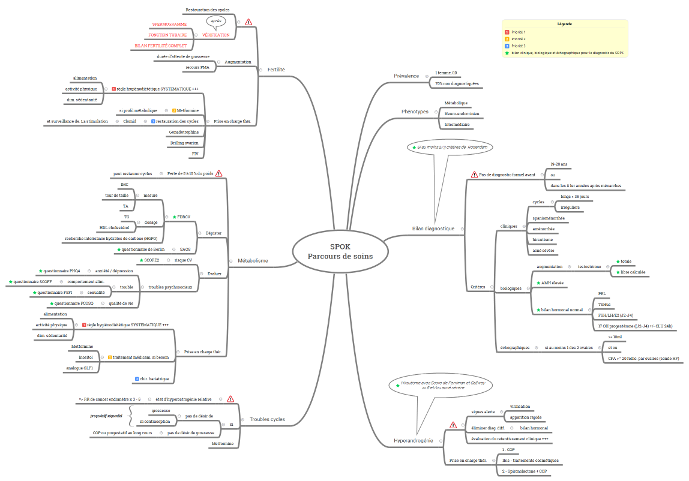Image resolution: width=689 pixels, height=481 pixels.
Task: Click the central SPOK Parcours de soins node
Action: [x=340, y=252]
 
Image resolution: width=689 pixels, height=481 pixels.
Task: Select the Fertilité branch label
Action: [x=276, y=70]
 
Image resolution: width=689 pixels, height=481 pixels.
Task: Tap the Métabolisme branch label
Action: [x=253, y=260]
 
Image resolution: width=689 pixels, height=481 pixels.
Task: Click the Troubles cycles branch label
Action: [x=267, y=419]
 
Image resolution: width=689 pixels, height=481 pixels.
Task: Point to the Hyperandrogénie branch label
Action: [x=413, y=441]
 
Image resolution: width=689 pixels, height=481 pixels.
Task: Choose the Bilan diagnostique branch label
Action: [x=433, y=229]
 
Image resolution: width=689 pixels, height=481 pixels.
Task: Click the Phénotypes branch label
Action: [x=415, y=112]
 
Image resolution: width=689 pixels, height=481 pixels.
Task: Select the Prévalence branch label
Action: [x=406, y=76]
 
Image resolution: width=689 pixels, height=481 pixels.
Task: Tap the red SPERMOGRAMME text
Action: [x=170, y=24]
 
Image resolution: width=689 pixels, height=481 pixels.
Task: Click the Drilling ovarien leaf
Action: [x=185, y=143]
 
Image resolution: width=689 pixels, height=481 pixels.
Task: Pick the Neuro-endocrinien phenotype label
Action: [x=462, y=114]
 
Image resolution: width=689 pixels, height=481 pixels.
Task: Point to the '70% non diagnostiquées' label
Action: [x=457, y=83]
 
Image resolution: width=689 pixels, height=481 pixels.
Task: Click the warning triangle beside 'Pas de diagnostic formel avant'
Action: [x=474, y=175]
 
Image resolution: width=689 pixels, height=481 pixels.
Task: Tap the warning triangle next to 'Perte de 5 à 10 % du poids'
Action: [x=219, y=173]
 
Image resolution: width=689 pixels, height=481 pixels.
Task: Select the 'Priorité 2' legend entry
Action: [x=519, y=39]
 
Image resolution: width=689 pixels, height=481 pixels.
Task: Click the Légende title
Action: [x=565, y=24]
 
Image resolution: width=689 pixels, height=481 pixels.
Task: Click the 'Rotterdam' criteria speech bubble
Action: [x=450, y=147]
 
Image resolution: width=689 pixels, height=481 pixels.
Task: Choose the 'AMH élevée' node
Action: [x=550, y=283]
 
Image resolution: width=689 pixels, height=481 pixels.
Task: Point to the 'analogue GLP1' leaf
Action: [x=80, y=368]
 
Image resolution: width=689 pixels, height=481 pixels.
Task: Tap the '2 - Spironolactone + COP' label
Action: [x=525, y=471]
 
